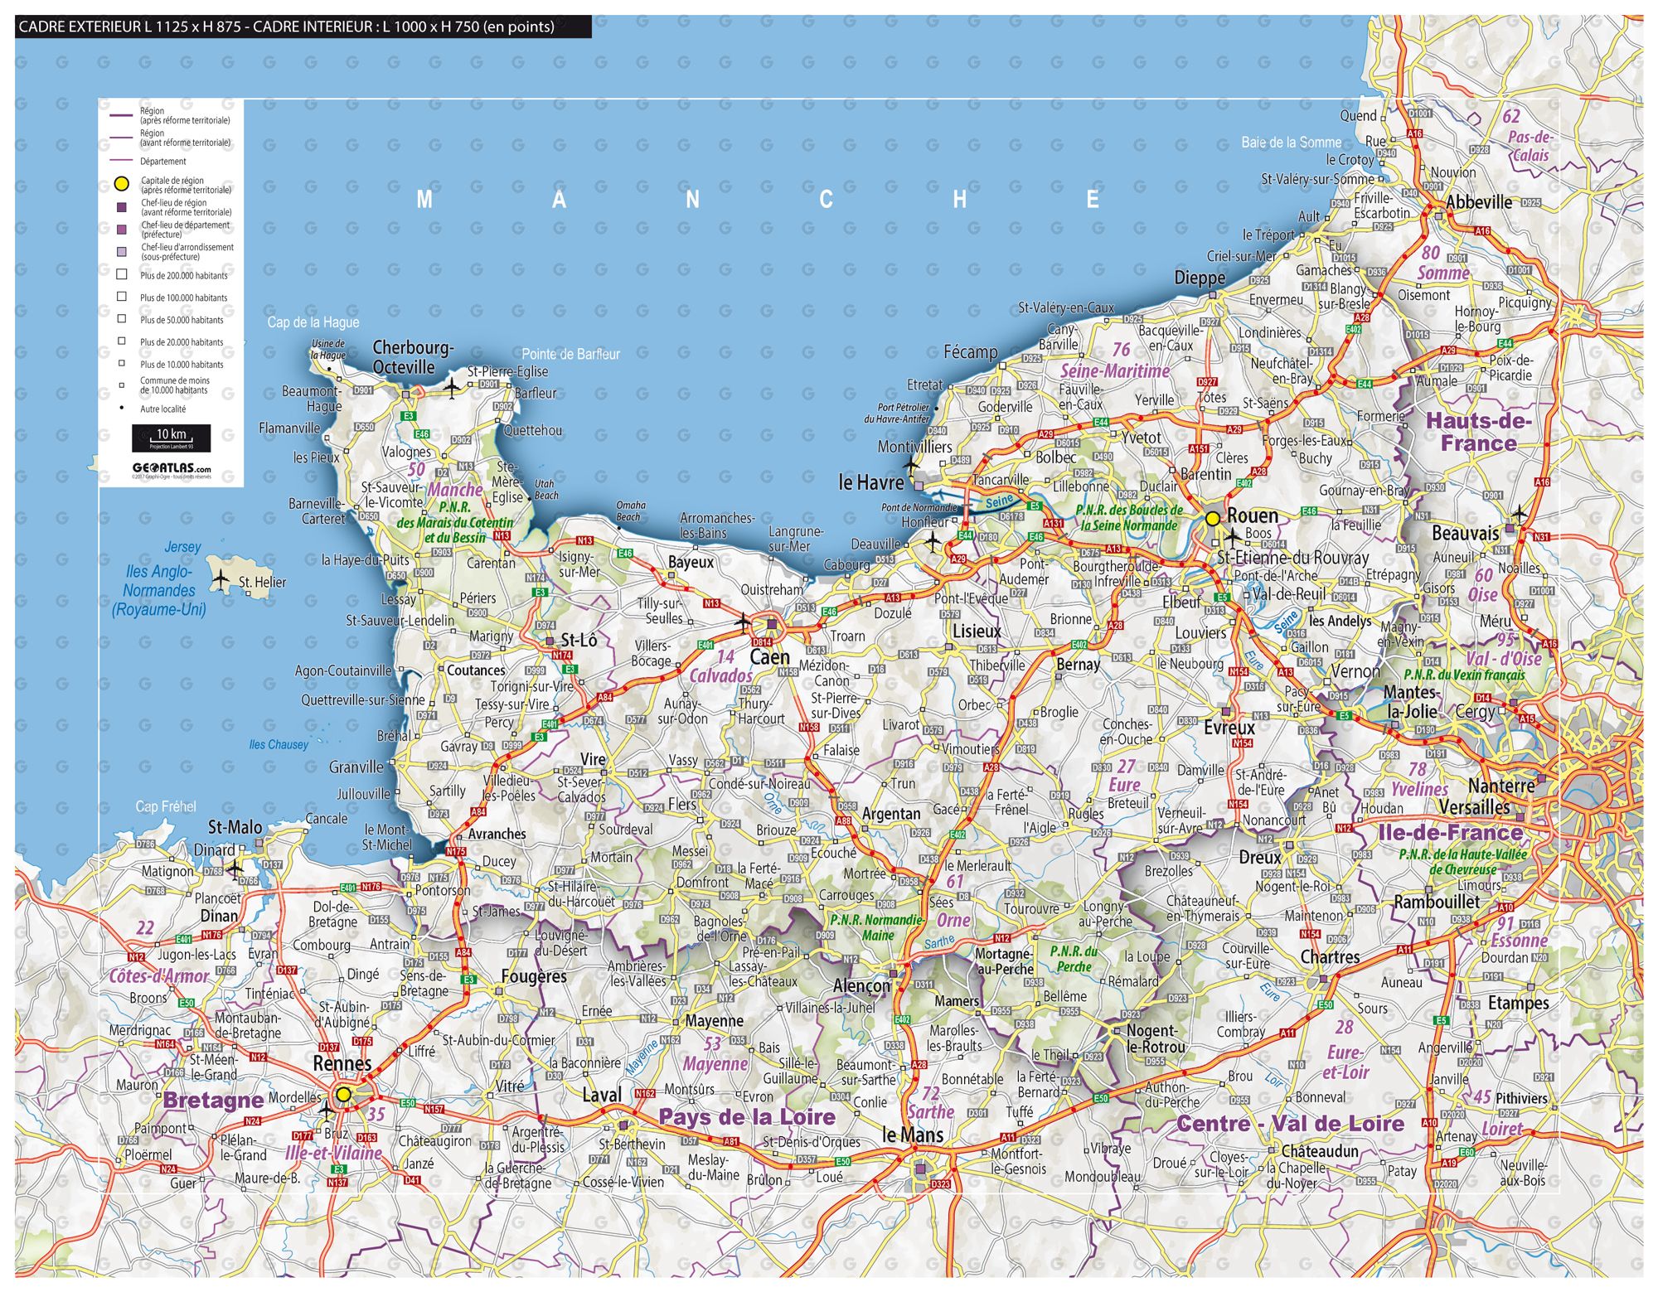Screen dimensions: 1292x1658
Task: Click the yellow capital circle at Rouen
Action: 1213,519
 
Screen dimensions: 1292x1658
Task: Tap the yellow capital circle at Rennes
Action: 343,1095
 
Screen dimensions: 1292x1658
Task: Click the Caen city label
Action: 769,657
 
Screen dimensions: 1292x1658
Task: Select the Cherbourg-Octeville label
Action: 412,357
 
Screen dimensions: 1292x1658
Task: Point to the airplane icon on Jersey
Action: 220,579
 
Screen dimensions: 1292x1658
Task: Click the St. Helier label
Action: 262,583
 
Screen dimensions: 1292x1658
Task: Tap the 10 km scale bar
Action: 171,437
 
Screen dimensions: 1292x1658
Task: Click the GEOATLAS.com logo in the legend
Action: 171,468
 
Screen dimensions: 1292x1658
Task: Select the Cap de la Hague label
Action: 313,322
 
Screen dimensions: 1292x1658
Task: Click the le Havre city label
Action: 870,482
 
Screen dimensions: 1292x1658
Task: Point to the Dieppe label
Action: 1199,278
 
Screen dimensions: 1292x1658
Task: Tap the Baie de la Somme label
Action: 1291,143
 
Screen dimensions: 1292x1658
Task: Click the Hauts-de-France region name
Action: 1478,432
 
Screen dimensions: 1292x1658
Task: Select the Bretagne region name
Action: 213,1101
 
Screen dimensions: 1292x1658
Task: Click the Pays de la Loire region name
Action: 747,1117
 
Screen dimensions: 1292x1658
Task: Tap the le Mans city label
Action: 912,1135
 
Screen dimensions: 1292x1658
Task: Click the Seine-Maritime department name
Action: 1114,371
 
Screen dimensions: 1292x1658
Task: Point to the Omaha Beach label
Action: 630,511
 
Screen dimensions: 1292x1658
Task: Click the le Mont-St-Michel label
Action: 386,837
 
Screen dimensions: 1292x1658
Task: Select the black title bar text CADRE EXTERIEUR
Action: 286,27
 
